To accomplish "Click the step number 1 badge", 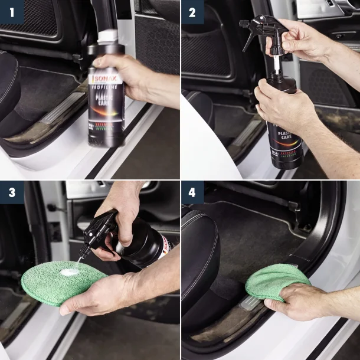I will (12, 12).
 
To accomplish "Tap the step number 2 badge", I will (192, 12).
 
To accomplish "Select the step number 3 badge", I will (12, 192).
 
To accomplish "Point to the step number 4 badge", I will (192, 192).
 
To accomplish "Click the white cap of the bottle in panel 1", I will (108, 36).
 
